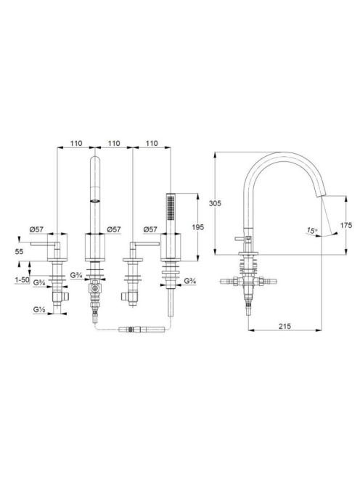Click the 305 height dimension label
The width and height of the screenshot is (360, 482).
click(x=215, y=203)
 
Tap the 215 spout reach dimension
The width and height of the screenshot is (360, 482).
click(x=285, y=326)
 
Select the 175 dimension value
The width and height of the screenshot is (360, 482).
click(x=346, y=225)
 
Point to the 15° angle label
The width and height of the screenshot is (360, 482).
click(x=312, y=230)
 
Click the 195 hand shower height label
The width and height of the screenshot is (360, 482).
click(x=197, y=227)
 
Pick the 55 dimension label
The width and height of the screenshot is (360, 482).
click(x=19, y=251)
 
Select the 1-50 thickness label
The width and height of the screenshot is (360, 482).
click(x=22, y=280)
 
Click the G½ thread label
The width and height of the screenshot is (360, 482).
click(x=39, y=309)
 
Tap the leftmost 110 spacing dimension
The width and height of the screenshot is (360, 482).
click(x=76, y=143)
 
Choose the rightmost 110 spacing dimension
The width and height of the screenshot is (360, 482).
click(x=152, y=143)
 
